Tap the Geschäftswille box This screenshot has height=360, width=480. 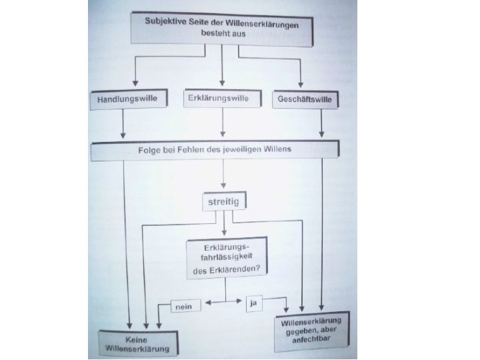305,100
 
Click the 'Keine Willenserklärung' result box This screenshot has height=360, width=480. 137,342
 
